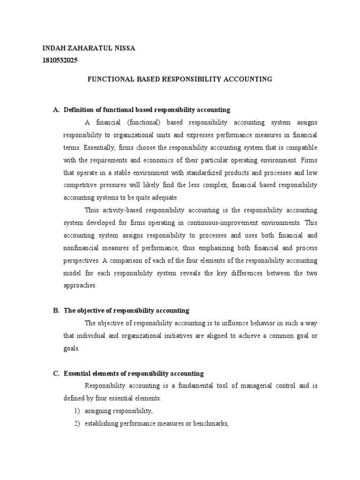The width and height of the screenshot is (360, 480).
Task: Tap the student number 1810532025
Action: click(x=60, y=60)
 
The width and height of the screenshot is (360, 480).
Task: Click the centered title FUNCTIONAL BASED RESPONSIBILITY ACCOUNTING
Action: click(x=180, y=79)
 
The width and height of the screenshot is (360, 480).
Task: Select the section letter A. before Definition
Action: click(x=56, y=110)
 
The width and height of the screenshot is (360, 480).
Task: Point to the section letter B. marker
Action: click(x=56, y=310)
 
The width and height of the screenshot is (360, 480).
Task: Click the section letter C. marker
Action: click(x=56, y=374)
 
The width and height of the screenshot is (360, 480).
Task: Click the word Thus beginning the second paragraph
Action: click(x=91, y=210)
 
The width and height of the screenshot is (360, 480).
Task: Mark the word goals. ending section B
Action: click(x=72, y=348)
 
